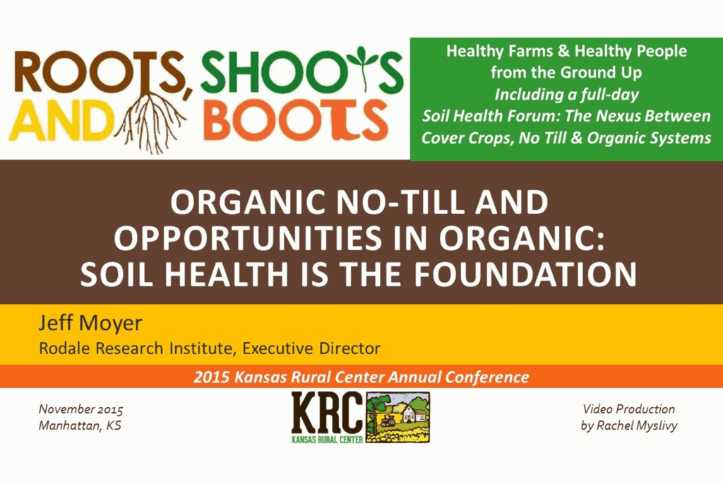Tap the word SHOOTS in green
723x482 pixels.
click(302, 71)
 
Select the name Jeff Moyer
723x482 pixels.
click(90, 323)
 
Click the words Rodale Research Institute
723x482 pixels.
click(137, 348)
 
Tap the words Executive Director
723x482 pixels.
click(311, 348)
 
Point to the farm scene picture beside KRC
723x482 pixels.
click(398, 418)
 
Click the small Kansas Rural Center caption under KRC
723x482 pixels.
click(327, 440)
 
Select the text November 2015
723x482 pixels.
click(80, 409)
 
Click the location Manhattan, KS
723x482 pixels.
click(80, 425)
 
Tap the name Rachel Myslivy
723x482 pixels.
click(637, 425)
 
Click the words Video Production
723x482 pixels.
click(628, 409)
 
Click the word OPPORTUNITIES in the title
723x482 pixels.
click(248, 238)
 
